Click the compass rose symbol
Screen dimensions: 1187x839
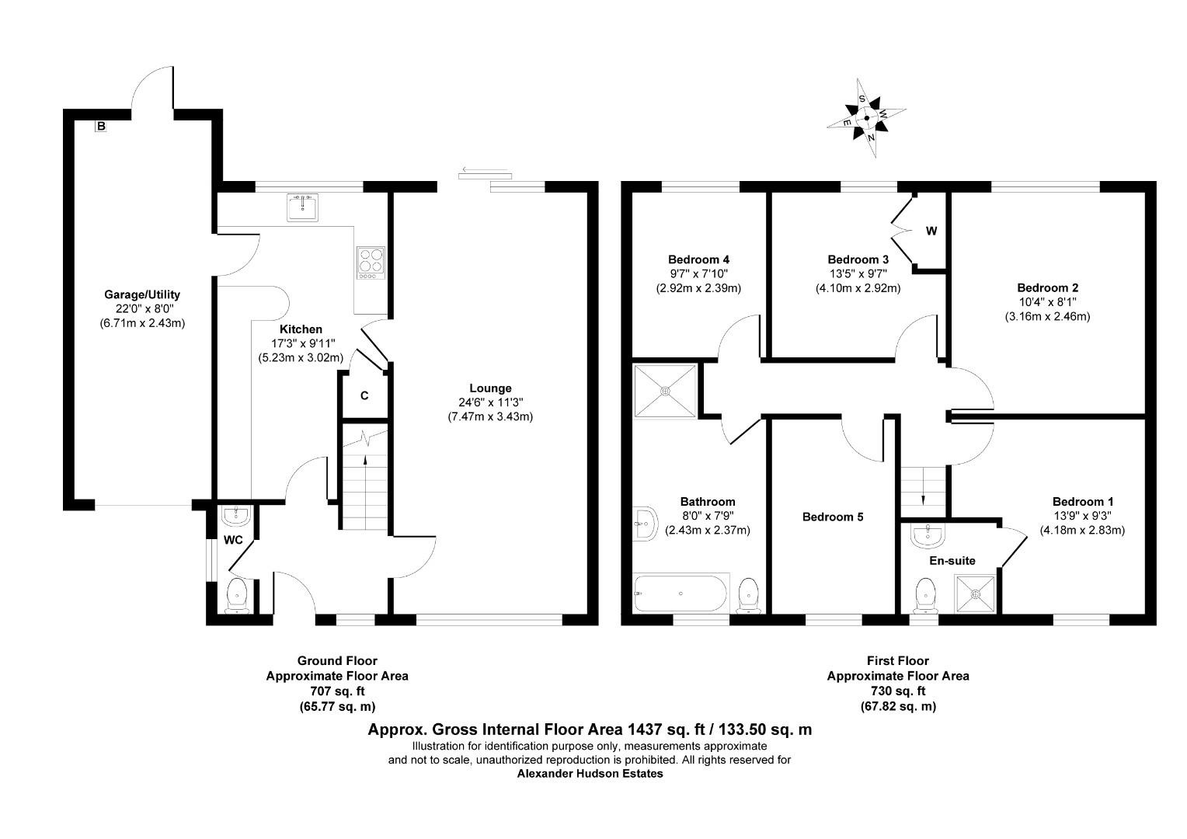866,118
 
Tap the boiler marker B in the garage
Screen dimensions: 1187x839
101,126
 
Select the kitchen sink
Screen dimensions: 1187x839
303,207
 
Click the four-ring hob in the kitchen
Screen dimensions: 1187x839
371,263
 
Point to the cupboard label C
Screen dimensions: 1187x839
364,396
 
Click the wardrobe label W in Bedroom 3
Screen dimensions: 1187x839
931,231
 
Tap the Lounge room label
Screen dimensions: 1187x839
490,388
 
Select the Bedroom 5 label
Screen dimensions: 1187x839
833,517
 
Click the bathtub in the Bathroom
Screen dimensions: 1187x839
681,593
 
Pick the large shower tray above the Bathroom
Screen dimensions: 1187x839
665,391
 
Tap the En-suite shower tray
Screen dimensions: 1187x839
976,594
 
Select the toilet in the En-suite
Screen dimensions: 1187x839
926,596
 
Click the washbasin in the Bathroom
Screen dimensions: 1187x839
645,524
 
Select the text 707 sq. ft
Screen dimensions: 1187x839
338,691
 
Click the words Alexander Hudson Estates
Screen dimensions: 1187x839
590,774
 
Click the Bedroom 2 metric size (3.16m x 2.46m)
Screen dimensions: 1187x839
1047,316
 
